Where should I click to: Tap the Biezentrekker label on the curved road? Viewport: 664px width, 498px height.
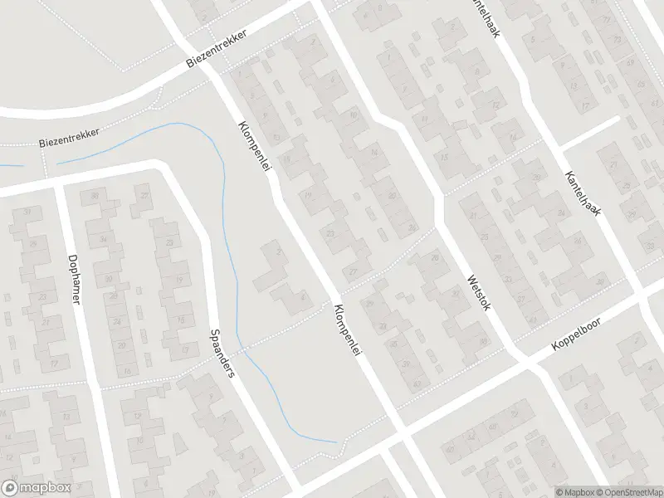click(71, 137)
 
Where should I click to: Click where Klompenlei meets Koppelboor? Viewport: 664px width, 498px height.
click(402, 437)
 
